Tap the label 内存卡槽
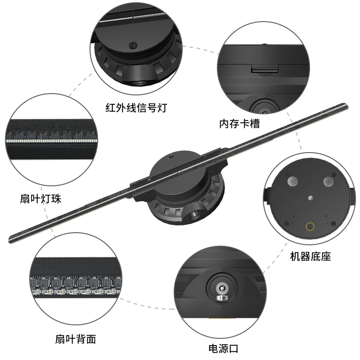(239, 122)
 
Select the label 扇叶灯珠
(41, 198)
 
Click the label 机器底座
(310, 257)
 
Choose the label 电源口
(223, 348)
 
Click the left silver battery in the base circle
(293, 182)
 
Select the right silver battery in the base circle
(328, 182)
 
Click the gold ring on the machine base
(310, 227)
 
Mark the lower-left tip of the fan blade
(12, 238)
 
